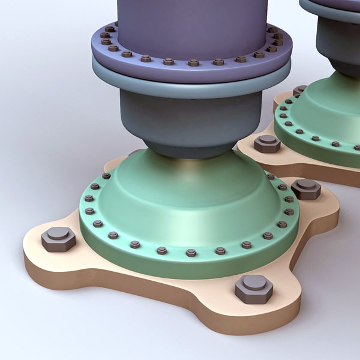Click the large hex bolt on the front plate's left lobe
pyautogui.click(x=58, y=239)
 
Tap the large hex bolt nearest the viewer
pyautogui.click(x=254, y=289)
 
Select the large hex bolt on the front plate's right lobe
pyautogui.click(x=306, y=188)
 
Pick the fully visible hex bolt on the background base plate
pyautogui.click(x=267, y=143)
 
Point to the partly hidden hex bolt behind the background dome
pyautogui.click(x=299, y=91)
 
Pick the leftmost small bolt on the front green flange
pyautogui.click(x=89, y=199)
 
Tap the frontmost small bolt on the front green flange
pyautogui.click(x=191, y=253)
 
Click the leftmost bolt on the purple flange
pyautogui.click(x=104, y=35)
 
